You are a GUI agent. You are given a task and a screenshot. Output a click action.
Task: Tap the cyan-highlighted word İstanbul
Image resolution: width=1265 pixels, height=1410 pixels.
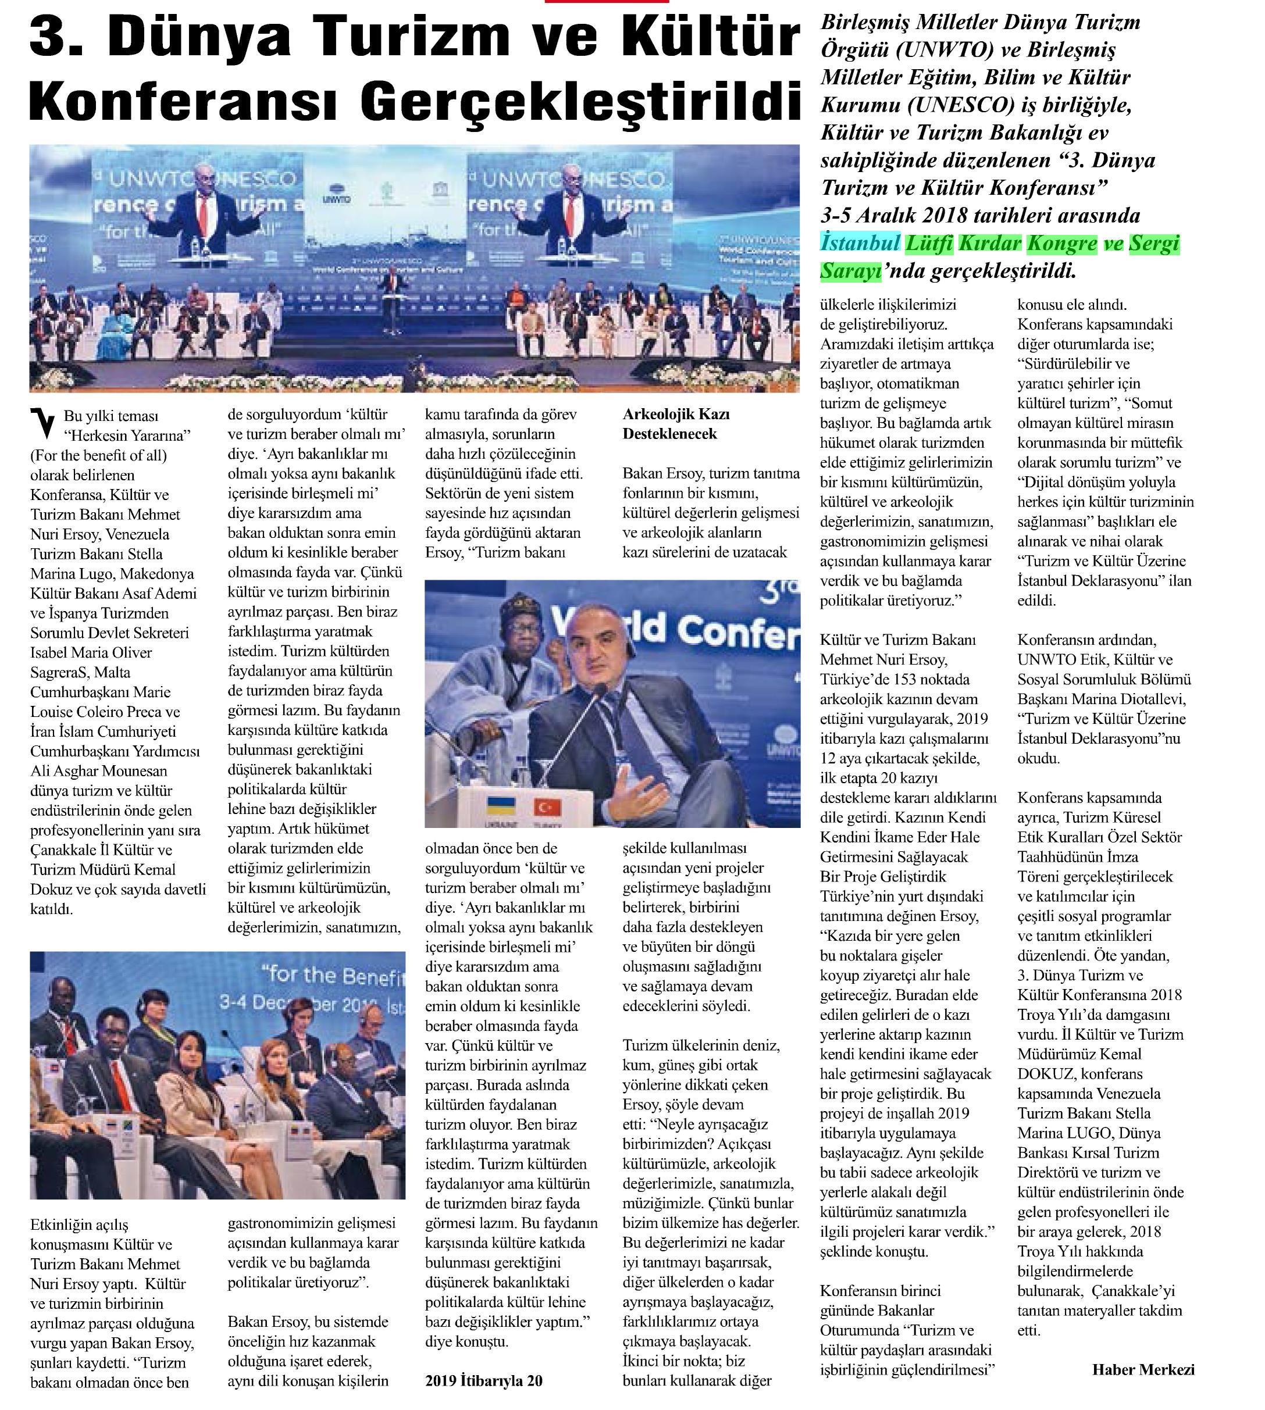[860, 243]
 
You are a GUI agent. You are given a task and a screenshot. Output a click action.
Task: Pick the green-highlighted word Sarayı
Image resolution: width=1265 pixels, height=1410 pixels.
[850, 271]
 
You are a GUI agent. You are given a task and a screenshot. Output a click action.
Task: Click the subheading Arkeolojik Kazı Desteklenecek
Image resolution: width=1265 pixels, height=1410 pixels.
[676, 424]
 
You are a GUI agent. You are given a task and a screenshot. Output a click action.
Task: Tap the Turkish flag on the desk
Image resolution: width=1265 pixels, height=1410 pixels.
[542, 808]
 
